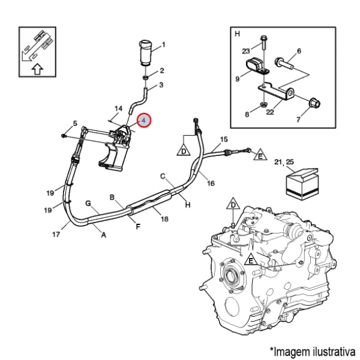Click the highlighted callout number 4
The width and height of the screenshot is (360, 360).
(145, 121)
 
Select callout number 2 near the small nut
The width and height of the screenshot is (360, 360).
(161, 71)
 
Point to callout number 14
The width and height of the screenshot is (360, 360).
(118, 109)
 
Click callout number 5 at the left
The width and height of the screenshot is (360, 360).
(75, 124)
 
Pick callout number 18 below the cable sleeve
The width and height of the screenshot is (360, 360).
(164, 219)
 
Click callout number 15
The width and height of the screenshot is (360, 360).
(223, 139)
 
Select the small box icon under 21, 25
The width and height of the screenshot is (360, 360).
(301, 182)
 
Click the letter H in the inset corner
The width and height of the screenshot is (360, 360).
(237, 33)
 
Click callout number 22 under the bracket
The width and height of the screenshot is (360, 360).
(270, 110)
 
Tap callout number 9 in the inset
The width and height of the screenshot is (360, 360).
(238, 78)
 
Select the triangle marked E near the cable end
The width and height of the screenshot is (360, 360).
(260, 155)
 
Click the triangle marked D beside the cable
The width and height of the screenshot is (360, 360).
(184, 149)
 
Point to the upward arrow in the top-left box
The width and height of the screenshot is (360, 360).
(37, 68)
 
